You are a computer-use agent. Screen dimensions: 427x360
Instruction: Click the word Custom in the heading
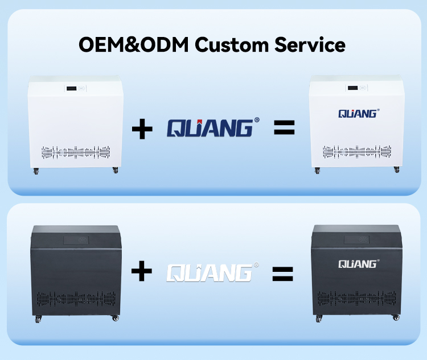click(x=232, y=44)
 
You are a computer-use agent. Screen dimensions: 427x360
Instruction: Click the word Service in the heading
click(x=310, y=44)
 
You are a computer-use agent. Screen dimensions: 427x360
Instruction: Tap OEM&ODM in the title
click(x=133, y=44)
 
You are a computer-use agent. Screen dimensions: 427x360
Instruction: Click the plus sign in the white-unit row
click(x=142, y=129)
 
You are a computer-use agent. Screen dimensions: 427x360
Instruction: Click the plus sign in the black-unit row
click(x=142, y=271)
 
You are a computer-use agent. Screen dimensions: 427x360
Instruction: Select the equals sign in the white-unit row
click(x=284, y=127)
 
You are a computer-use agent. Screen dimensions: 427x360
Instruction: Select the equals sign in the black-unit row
click(x=282, y=274)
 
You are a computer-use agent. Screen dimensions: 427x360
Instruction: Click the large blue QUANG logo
click(x=213, y=127)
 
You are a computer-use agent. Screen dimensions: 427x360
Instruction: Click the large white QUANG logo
click(x=213, y=272)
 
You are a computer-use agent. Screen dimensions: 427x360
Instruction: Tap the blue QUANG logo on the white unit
click(x=359, y=114)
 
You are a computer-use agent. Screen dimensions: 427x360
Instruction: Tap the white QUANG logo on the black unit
click(x=359, y=264)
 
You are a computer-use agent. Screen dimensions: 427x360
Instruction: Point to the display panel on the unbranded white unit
click(x=75, y=88)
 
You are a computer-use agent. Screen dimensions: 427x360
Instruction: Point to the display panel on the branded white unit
click(x=357, y=88)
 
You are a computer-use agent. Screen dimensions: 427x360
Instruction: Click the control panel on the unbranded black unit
click(x=76, y=240)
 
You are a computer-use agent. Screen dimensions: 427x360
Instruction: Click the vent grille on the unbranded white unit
click(x=76, y=152)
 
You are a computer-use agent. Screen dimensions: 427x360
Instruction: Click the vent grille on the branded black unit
click(x=357, y=298)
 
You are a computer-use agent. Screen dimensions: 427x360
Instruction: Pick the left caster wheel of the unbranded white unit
click(x=36, y=171)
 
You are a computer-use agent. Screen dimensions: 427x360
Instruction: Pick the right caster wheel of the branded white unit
click(x=396, y=169)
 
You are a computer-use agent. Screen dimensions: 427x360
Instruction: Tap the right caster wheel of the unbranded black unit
click(x=116, y=318)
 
